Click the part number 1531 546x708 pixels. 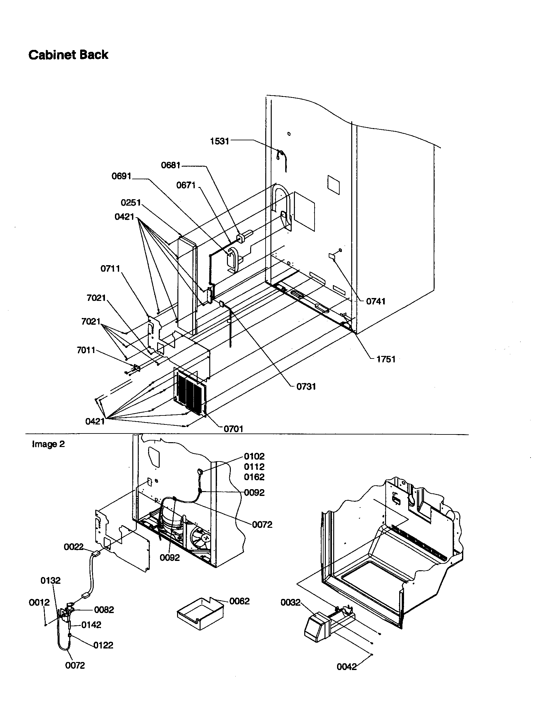(220, 141)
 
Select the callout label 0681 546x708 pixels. (171, 165)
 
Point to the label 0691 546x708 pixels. (121, 176)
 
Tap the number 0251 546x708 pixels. (131, 203)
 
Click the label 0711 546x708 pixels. (110, 268)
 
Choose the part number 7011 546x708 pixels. (86, 350)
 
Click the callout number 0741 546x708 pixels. (376, 301)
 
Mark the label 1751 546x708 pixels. (386, 359)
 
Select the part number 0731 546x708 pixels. (306, 387)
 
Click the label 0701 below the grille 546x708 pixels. (233, 429)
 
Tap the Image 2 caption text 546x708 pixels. (48, 444)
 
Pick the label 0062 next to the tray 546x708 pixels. (239, 601)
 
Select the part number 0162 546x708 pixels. (254, 477)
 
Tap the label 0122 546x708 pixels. (103, 645)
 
